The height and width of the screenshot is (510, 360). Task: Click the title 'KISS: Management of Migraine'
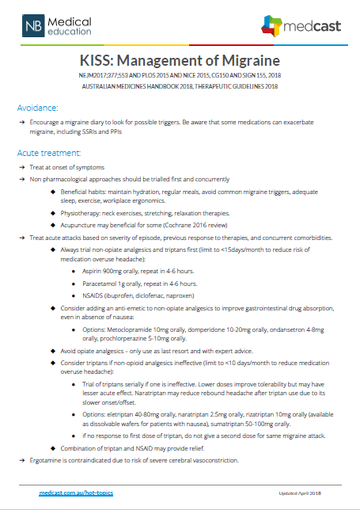180,61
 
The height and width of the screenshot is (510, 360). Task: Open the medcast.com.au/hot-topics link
76,493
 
